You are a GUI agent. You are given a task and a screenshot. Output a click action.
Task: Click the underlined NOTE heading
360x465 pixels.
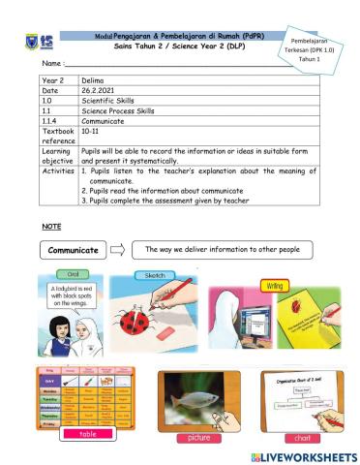(x=51, y=226)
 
